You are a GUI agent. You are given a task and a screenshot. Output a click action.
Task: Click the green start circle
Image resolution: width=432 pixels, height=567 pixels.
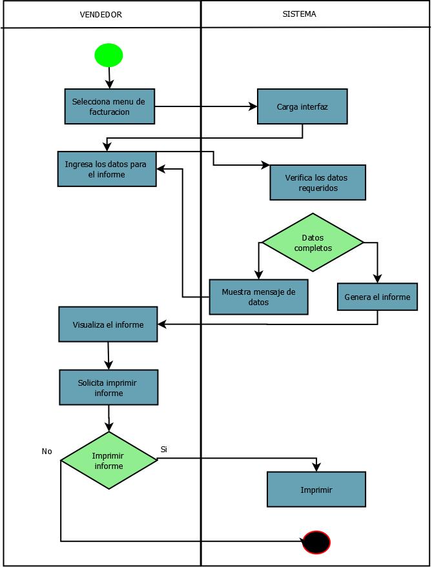[x=108, y=55]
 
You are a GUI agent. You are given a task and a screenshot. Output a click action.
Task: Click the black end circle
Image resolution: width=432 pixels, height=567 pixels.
[x=316, y=542]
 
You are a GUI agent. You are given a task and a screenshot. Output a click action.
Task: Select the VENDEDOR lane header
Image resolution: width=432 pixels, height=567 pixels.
[x=100, y=14]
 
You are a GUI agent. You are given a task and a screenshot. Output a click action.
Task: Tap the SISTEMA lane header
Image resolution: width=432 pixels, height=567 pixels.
[x=299, y=14]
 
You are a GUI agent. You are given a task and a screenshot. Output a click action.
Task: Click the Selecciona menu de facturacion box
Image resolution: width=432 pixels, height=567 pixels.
[x=110, y=106]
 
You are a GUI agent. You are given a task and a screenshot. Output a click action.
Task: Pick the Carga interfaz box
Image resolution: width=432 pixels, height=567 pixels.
[x=302, y=106]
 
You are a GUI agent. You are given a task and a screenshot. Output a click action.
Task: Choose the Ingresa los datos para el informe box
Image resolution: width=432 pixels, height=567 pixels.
[x=107, y=169]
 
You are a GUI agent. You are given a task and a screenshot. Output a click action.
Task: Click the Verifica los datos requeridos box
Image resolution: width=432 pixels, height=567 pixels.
[x=318, y=183]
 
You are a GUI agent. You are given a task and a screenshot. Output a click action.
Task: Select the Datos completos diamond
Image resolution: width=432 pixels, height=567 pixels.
[x=313, y=243]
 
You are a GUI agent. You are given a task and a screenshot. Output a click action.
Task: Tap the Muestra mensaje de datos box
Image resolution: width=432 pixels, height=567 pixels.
[x=258, y=297]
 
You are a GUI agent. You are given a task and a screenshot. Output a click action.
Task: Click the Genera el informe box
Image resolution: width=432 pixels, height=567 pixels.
[x=377, y=297]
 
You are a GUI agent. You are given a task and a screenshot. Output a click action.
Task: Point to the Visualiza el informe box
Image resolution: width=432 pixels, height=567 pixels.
[x=108, y=324]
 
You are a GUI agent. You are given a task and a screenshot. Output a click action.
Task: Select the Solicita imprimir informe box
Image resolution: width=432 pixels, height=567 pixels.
[x=108, y=387]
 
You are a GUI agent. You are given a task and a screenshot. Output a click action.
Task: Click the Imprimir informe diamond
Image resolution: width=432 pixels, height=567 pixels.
[x=108, y=461]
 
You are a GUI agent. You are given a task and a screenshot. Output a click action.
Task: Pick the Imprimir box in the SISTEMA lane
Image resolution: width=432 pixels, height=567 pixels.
[x=316, y=490]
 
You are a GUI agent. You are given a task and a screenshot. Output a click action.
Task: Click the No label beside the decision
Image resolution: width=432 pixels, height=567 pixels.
[x=46, y=452]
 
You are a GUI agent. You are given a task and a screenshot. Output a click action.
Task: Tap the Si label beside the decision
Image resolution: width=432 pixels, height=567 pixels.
[x=163, y=449]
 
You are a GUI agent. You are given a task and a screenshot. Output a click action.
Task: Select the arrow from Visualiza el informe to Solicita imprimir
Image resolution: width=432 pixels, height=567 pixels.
[x=108, y=355]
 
